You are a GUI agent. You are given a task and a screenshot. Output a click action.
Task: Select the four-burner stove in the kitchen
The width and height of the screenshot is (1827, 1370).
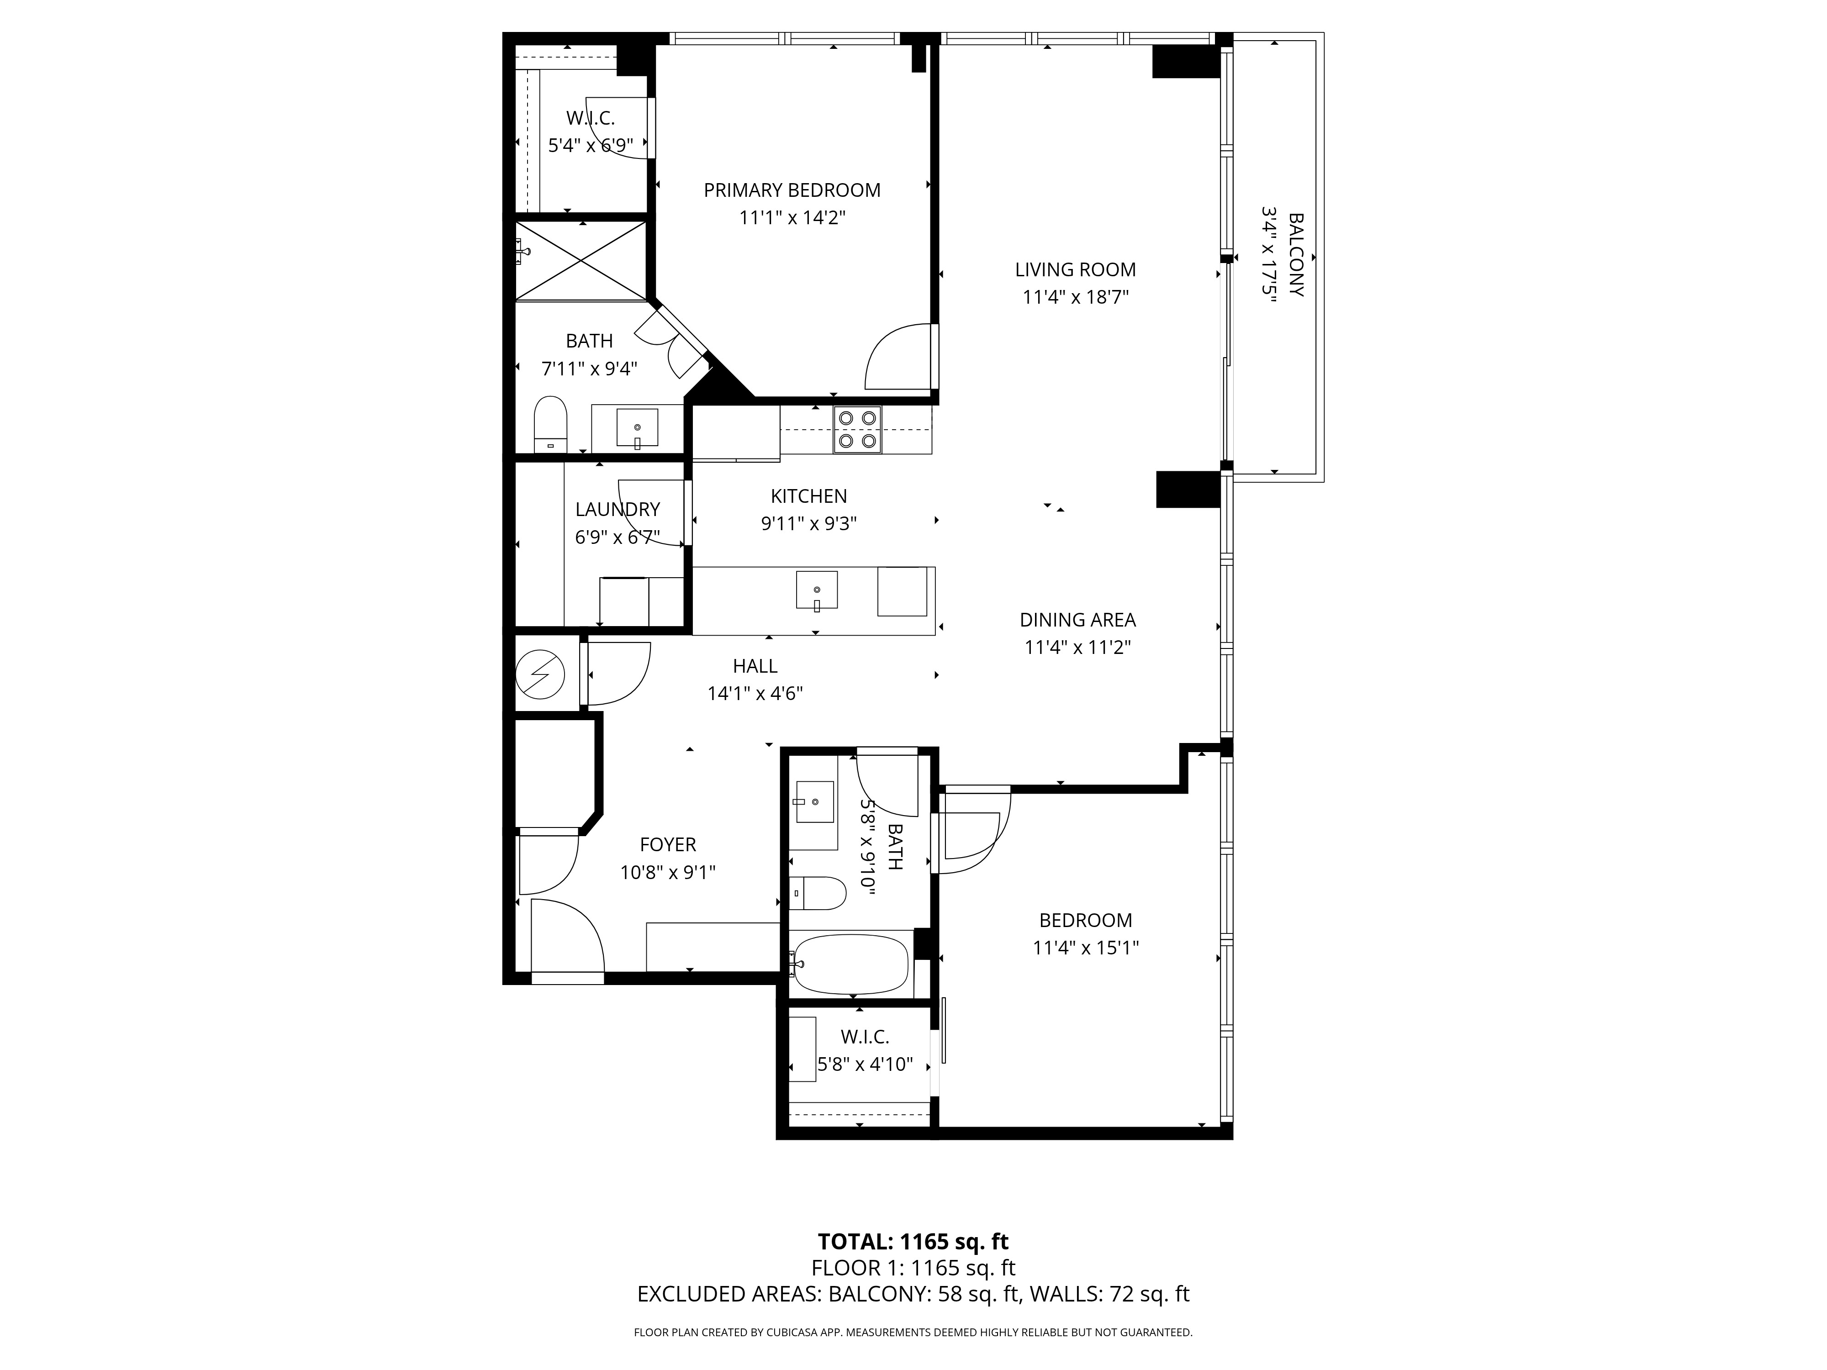857,429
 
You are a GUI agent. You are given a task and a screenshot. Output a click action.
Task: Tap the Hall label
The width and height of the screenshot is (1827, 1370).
755,666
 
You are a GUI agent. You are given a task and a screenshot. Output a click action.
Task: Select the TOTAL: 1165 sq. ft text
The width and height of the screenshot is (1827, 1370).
913,1265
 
